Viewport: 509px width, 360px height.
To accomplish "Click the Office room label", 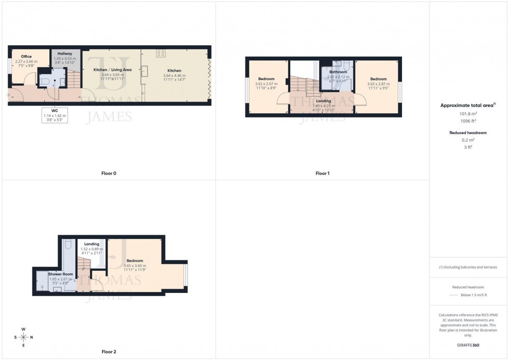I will [x=26, y=57].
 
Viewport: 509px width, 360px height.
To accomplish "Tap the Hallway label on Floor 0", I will [x=65, y=54].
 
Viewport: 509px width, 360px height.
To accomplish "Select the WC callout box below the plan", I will [x=55, y=115].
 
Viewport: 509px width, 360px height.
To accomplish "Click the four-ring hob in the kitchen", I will [x=160, y=53].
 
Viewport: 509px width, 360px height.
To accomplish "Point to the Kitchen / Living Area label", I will [x=112, y=69].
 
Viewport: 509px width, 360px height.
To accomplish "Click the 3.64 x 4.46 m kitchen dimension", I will [x=175, y=76].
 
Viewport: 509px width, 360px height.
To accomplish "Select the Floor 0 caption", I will [x=109, y=173].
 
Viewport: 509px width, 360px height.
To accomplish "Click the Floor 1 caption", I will [x=322, y=173].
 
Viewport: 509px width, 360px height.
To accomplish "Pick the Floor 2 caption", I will [x=109, y=352].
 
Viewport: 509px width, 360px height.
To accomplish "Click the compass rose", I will [x=23, y=337].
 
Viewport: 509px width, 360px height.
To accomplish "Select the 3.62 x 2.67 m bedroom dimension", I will [x=266, y=84].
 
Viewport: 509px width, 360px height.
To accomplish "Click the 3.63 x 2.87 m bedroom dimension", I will [x=378, y=84].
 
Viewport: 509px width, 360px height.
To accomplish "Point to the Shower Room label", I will [x=60, y=274].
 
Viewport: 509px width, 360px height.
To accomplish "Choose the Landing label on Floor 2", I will [x=91, y=244].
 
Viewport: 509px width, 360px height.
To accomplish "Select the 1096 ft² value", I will [x=468, y=121].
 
